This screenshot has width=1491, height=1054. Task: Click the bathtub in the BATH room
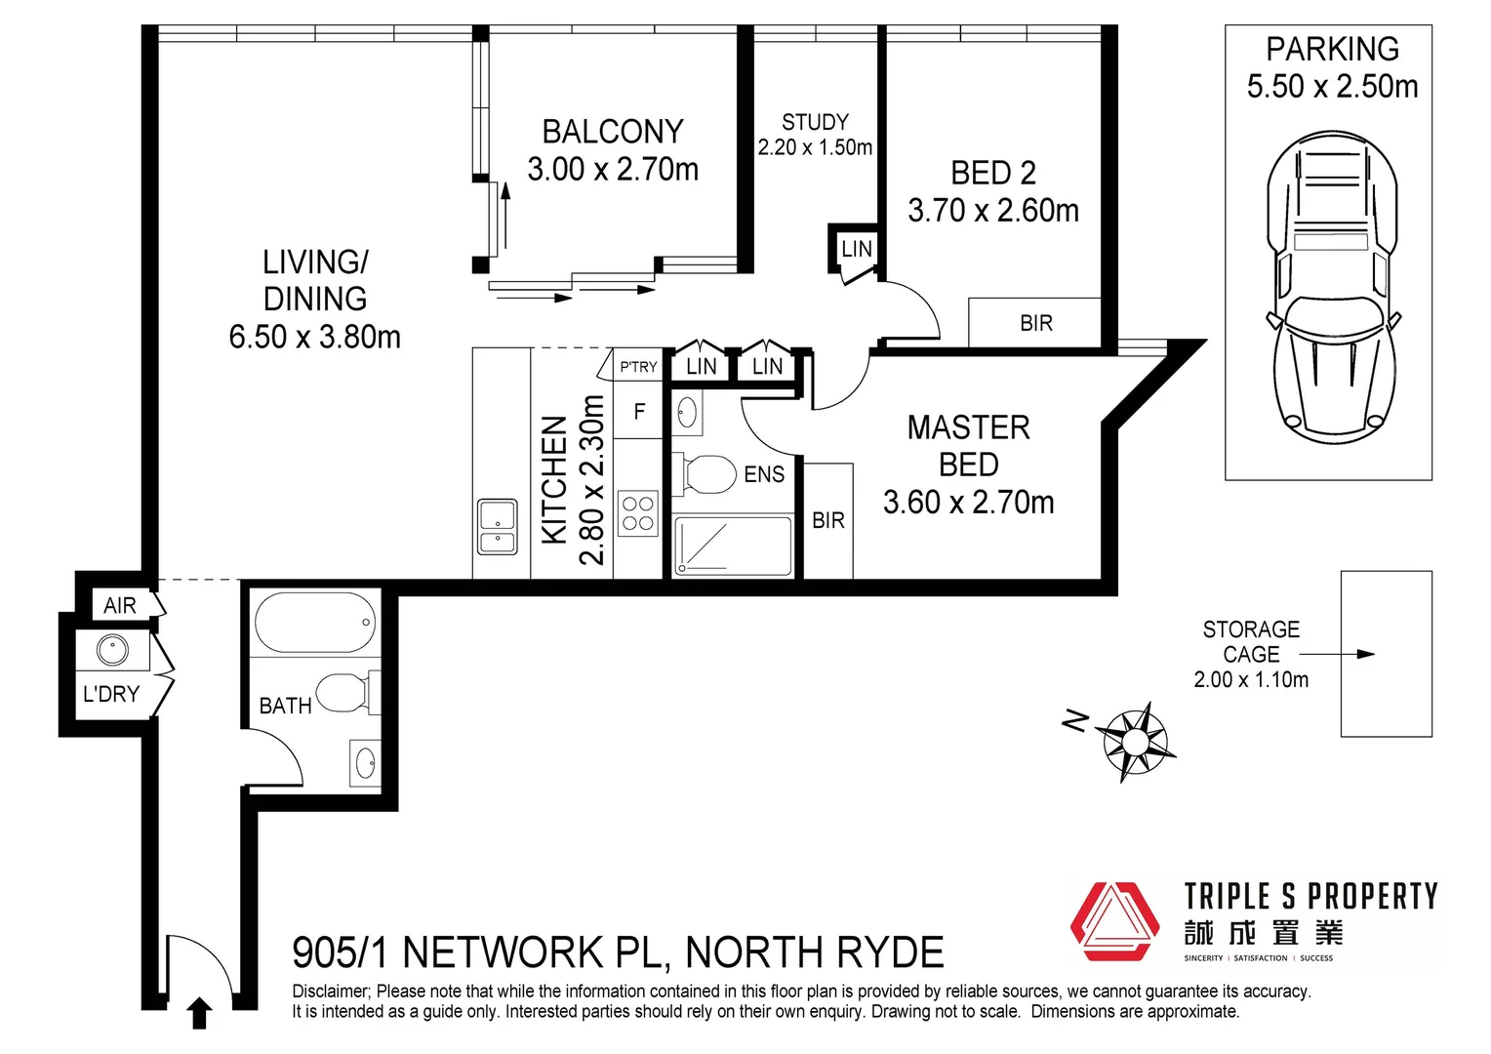pyautogui.click(x=314, y=623)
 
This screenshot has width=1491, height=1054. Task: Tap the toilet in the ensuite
pyautogui.click(x=708, y=475)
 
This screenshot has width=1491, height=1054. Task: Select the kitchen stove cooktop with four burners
pyautogui.click(x=638, y=513)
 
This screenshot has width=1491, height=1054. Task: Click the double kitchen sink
pyautogui.click(x=498, y=527)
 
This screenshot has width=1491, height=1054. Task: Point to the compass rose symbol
pyautogui.click(x=1134, y=741)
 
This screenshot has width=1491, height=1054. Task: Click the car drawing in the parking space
pyautogui.click(x=1332, y=286)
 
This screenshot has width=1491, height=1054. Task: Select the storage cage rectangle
pyautogui.click(x=1386, y=654)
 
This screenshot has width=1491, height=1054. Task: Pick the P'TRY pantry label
pyautogui.click(x=638, y=367)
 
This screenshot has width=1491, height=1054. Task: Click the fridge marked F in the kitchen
pyautogui.click(x=639, y=412)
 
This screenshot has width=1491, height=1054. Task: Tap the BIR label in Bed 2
pyautogui.click(x=1035, y=323)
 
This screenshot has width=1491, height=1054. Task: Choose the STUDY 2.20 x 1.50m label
pyautogui.click(x=815, y=135)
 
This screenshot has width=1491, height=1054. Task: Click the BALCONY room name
pyautogui.click(x=613, y=132)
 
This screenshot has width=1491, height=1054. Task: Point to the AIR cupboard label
pyautogui.click(x=120, y=606)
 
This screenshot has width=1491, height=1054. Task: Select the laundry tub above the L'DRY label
pyautogui.click(x=112, y=649)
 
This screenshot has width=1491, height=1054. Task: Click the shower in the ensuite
pyautogui.click(x=733, y=546)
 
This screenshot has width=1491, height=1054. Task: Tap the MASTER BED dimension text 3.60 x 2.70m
pyautogui.click(x=968, y=503)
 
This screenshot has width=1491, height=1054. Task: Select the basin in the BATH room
pyautogui.click(x=366, y=763)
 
